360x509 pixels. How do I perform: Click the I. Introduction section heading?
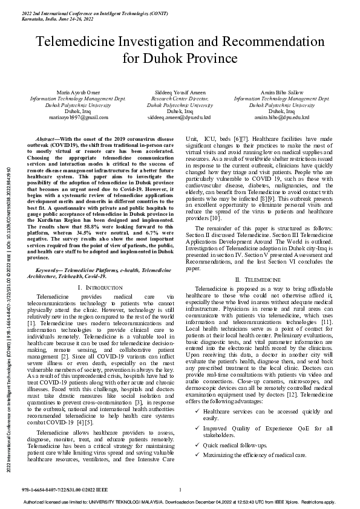pyautogui.click(x=101, y=285)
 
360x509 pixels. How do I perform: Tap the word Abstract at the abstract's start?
pyautogui.click(x=47, y=139)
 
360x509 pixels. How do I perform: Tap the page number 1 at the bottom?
pyautogui.click(x=180, y=490)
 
